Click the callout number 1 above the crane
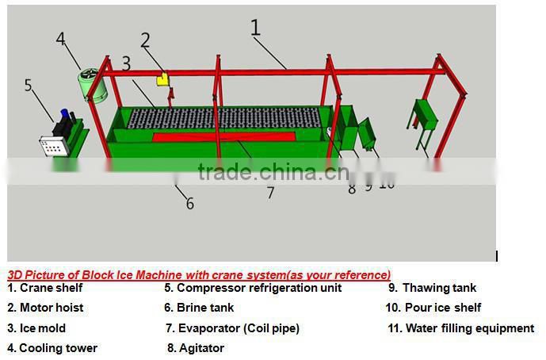(255, 29)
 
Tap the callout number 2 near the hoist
(146, 40)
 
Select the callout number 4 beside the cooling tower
(61, 38)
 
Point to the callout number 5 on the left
(29, 85)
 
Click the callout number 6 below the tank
(190, 204)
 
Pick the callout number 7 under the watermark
(270, 193)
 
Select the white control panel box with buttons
(55, 147)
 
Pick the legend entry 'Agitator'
(201, 348)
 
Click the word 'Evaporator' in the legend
(208, 327)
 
